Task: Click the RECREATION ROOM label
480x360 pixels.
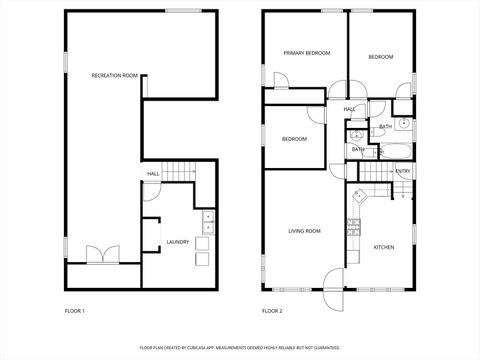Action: (114, 75)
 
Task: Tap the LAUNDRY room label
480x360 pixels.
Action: (178, 241)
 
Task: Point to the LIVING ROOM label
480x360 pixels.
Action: (304, 231)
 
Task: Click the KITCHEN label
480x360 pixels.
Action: (384, 247)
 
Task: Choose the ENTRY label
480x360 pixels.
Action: (403, 171)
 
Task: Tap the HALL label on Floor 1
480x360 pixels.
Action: (153, 174)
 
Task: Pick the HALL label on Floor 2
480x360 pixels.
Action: (350, 109)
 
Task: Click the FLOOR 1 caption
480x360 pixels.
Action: (75, 311)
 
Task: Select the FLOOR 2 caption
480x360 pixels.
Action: (272, 311)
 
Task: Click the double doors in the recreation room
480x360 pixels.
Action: (102, 255)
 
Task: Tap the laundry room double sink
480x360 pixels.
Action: (209, 221)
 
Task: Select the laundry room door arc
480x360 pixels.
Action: (148, 228)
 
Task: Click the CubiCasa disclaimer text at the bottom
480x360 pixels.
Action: (239, 348)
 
